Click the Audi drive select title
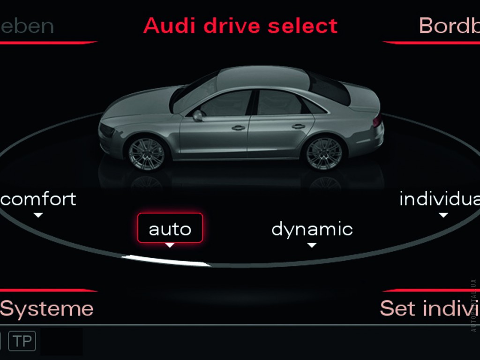coord(240,26)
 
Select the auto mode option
coord(170,229)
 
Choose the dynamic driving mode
coord(312,229)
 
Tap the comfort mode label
coord(38,199)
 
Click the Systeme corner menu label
coord(47,308)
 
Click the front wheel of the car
coord(146,153)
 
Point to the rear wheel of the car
coord(324,153)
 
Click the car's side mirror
coord(198,115)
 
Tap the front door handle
coord(238,127)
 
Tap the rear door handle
coord(298,126)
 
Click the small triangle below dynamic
coord(312,245)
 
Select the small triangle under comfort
coord(38,215)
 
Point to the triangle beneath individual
coord(443,215)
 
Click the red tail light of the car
coord(377,120)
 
